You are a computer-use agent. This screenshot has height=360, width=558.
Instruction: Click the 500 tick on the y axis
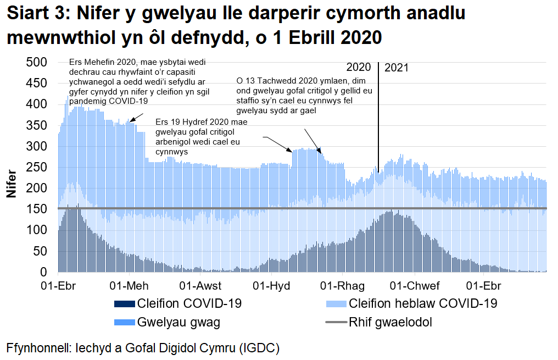click(37, 62)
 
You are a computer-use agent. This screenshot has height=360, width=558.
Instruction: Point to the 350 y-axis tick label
click(37, 125)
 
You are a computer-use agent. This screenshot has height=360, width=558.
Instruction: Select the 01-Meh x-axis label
click(129, 286)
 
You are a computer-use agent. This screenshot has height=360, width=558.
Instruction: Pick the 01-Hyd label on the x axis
click(271, 286)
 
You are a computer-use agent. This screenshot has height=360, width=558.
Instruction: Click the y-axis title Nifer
click(12, 185)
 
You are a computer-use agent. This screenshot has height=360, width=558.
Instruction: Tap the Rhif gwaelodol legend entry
click(390, 322)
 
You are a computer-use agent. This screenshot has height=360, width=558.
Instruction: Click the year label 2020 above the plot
click(359, 68)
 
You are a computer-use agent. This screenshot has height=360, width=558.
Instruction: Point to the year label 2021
click(397, 68)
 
